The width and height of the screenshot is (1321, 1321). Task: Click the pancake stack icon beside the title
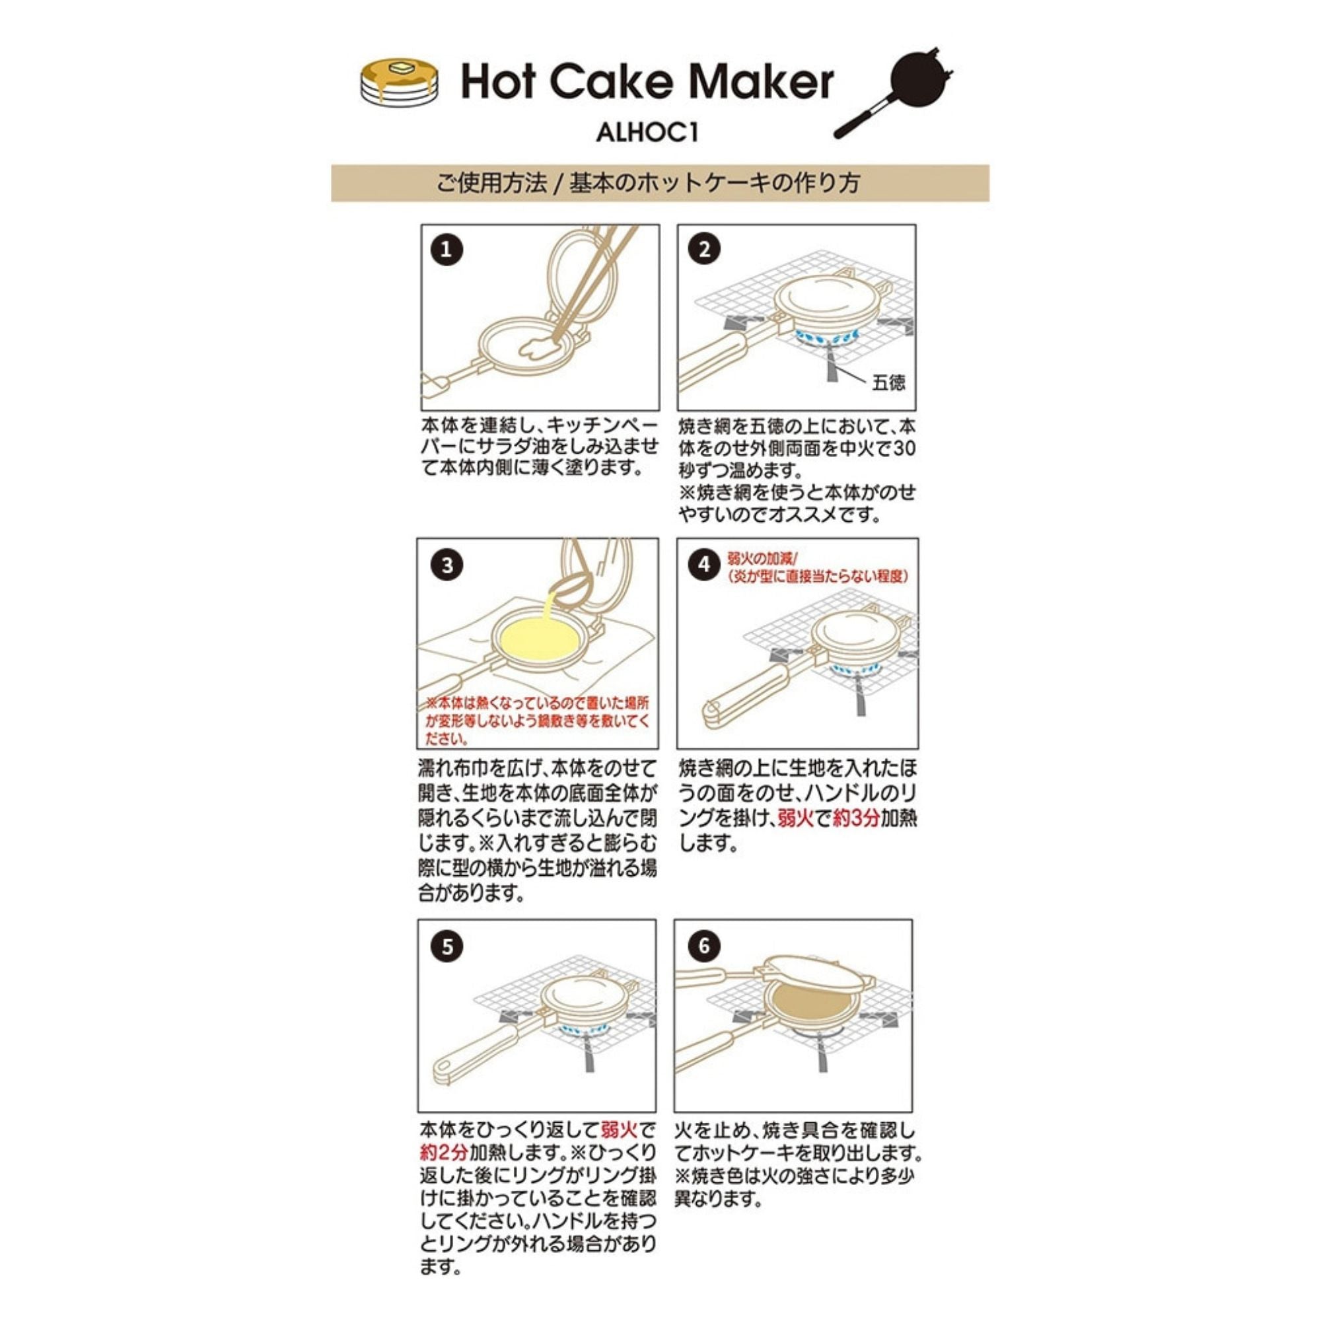(400, 81)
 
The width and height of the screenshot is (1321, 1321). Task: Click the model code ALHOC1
(647, 133)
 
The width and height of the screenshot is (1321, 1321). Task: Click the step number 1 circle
(446, 250)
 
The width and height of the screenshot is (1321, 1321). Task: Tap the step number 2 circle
(704, 250)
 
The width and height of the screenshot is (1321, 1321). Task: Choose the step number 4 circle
(704, 566)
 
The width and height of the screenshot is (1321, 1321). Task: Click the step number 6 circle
(704, 946)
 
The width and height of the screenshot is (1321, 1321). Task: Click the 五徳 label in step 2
(888, 383)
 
